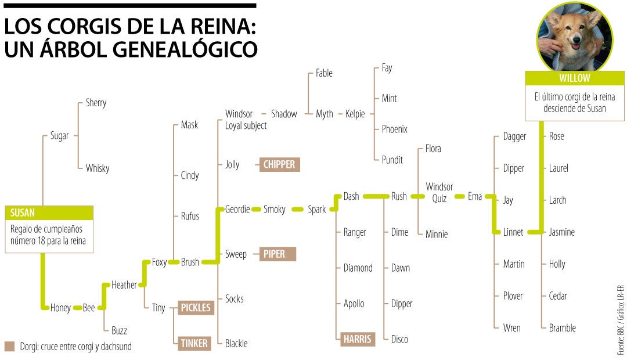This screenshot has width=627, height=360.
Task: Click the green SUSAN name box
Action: click(x=49, y=213)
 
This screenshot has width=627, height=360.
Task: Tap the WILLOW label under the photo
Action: click(x=574, y=78)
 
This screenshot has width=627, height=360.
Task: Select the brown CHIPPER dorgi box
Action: click(x=279, y=164)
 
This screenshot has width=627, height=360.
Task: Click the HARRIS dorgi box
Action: click(x=358, y=339)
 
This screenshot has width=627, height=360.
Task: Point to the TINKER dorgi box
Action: click(x=194, y=343)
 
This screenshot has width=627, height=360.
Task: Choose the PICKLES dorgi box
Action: click(x=194, y=308)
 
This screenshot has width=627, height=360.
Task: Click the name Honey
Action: click(x=60, y=308)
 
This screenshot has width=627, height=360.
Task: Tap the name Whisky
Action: click(x=98, y=168)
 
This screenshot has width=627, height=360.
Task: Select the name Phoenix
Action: click(x=395, y=129)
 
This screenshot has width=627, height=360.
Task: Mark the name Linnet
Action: click(x=513, y=232)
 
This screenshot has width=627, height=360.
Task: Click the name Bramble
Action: click(x=562, y=327)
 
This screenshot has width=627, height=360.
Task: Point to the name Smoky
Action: click(x=275, y=209)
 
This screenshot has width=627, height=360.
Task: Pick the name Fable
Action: click(x=324, y=73)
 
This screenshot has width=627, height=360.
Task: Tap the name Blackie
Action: click(x=236, y=343)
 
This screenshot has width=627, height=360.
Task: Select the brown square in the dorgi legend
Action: click(x=9, y=347)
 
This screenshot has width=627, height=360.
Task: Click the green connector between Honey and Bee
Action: click(x=77, y=308)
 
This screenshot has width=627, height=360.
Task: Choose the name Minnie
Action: click(x=437, y=234)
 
